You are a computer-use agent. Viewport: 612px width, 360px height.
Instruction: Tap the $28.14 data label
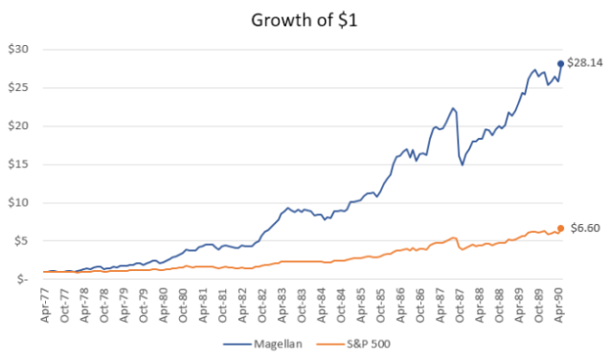click(583, 62)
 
